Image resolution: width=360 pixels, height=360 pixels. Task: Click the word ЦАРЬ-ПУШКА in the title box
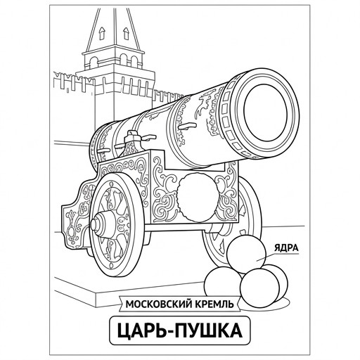(x=179, y=330)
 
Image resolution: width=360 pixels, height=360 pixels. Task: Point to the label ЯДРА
(x=286, y=248)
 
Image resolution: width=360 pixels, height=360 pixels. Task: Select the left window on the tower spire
(x=102, y=33)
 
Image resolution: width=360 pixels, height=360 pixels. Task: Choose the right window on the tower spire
(x=126, y=33)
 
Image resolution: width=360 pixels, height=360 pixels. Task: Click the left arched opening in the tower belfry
(x=94, y=63)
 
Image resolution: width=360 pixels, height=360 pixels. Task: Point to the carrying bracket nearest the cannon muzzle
(x=186, y=126)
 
